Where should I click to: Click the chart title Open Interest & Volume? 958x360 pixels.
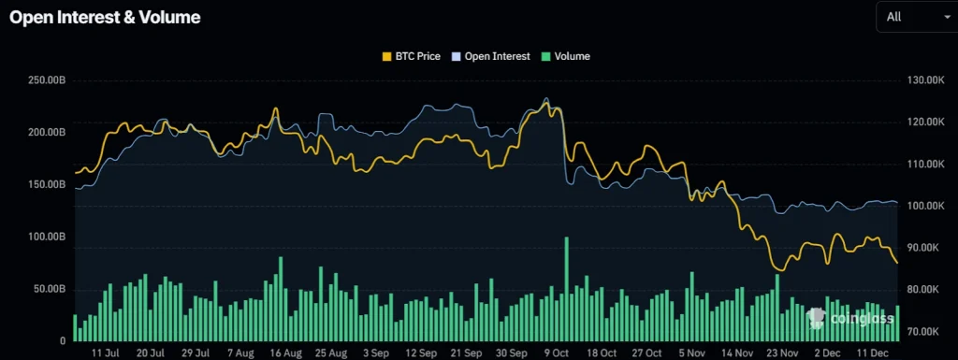pyautogui.click(x=104, y=18)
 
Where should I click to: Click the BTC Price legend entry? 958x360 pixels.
pyautogui.click(x=411, y=56)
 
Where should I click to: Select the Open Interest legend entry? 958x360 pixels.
pyautogui.click(x=490, y=56)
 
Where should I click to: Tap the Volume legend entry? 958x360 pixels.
pyautogui.click(x=565, y=56)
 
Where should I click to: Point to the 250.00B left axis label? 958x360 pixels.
pyautogui.click(x=46, y=80)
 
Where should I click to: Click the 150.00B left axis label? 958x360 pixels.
pyautogui.click(x=46, y=185)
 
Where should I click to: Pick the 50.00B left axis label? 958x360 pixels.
pyautogui.click(x=48, y=289)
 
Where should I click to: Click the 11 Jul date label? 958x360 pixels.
pyautogui.click(x=105, y=353)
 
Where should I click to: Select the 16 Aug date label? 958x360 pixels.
pyautogui.click(x=285, y=353)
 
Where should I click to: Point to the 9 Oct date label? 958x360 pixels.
pyautogui.click(x=556, y=353)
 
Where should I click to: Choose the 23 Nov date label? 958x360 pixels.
pyautogui.click(x=781, y=353)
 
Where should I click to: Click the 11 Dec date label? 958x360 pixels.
pyautogui.click(x=871, y=353)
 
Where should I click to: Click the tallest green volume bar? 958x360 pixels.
pyautogui.click(x=567, y=290)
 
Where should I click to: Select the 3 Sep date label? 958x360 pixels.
pyautogui.click(x=375, y=353)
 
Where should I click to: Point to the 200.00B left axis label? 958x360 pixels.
pyautogui.click(x=46, y=133)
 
